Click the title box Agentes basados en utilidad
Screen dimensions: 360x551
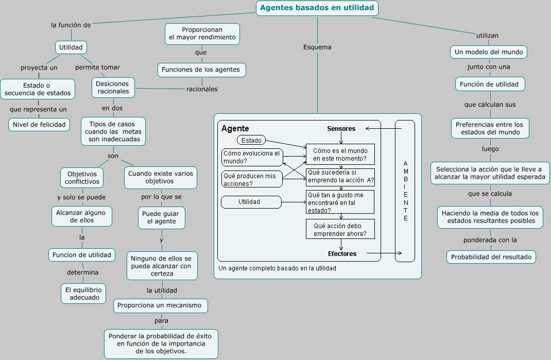(x=317, y=8)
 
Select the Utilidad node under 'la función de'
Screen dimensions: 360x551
(x=71, y=47)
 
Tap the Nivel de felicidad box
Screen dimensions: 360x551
(x=39, y=124)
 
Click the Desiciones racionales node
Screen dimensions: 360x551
(x=113, y=87)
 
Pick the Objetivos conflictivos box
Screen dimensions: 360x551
(x=82, y=178)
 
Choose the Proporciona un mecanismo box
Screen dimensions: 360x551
(x=161, y=305)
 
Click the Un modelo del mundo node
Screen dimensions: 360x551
(x=489, y=52)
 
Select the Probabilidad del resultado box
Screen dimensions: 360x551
(x=491, y=256)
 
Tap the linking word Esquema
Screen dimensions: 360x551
(x=317, y=47)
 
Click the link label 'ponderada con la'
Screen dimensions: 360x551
(x=490, y=240)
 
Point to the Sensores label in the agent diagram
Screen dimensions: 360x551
(x=341, y=128)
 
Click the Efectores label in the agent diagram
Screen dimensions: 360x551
(x=342, y=253)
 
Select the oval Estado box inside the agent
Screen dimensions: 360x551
(x=252, y=140)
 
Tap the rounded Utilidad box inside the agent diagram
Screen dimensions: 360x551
(x=251, y=202)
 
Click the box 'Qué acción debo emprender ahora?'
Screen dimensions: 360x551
(x=340, y=229)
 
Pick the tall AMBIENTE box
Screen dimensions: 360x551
(x=405, y=191)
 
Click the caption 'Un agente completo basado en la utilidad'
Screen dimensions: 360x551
(x=277, y=268)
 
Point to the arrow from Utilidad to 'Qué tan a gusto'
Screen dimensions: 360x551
(x=294, y=202)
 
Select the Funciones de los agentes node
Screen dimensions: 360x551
(x=201, y=70)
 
